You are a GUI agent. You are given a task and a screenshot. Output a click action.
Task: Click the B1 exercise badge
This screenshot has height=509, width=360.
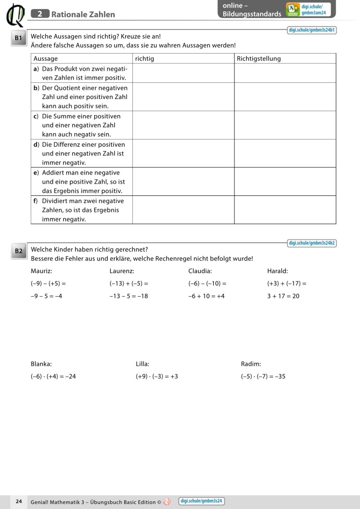18,39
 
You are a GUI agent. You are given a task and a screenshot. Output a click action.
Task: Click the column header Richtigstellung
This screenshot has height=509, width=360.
259,59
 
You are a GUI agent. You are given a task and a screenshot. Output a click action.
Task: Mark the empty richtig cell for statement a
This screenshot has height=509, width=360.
183,73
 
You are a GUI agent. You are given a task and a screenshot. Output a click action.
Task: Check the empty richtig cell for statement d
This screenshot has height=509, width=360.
183,153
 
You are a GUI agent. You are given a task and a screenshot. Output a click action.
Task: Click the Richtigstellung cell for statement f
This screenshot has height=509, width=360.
285,210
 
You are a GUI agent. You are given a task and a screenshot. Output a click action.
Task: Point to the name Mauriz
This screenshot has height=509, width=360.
41,271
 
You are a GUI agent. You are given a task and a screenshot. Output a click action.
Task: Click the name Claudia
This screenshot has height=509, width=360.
200,271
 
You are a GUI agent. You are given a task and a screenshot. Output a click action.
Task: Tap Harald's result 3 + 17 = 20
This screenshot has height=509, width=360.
283,296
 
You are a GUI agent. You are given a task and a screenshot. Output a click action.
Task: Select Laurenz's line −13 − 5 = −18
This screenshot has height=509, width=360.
129,296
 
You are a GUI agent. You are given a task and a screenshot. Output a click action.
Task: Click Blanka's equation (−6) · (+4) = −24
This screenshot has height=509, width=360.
53,376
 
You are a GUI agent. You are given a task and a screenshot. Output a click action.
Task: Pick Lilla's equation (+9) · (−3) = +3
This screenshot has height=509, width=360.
157,376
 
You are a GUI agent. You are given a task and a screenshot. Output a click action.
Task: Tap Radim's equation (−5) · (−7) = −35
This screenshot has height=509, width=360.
263,376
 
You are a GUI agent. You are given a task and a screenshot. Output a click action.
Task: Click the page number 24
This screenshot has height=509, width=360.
19,501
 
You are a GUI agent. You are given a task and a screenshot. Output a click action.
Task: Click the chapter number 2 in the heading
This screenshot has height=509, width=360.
40,14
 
